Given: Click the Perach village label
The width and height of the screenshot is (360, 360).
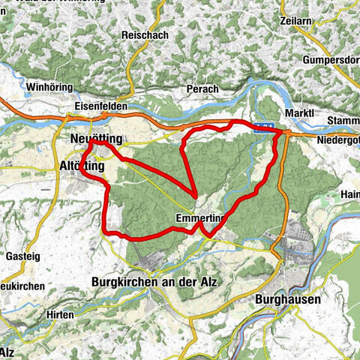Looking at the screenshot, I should click(202, 89).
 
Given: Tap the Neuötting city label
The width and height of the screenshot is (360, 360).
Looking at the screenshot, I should click(94, 139).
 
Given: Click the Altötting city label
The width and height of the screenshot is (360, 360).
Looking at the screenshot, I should click(81, 166).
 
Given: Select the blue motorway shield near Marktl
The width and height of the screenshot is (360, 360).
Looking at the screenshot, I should click(263, 128).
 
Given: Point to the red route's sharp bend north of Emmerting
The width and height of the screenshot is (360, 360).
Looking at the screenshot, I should click(195, 196).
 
